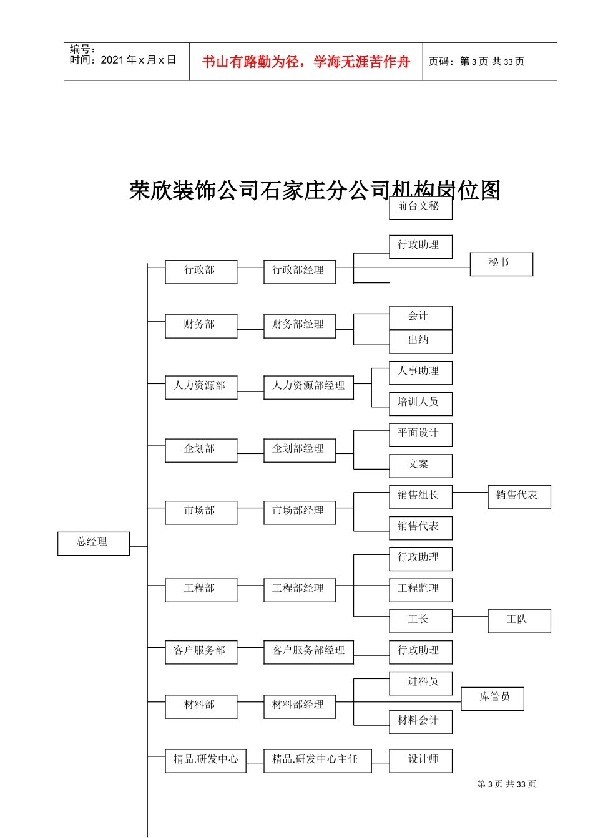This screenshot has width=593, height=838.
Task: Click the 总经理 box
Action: (93, 543)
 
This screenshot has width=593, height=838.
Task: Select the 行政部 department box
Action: (200, 272)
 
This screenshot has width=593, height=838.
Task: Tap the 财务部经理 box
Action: (299, 326)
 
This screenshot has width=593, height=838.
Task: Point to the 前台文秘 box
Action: (420, 208)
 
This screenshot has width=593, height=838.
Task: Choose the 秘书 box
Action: (501, 264)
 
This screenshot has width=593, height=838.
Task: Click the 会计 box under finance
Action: (420, 317)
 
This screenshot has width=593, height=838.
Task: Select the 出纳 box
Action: (420, 341)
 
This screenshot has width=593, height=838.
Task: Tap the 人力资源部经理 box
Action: (308, 387)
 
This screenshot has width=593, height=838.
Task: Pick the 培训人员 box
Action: (420, 403)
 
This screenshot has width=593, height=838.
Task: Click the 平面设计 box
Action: (420, 435)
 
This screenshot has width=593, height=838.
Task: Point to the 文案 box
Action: (420, 466)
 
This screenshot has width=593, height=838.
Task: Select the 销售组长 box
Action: (420, 497)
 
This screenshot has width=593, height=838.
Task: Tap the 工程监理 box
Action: (420, 590)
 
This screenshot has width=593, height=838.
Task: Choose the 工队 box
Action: (519, 621)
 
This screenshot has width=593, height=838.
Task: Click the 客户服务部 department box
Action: (200, 652)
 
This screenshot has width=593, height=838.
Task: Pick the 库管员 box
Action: (492, 698)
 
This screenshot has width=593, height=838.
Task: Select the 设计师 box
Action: (420, 761)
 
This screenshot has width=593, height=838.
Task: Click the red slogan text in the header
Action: (306, 62)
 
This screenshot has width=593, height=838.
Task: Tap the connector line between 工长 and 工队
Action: (469, 616)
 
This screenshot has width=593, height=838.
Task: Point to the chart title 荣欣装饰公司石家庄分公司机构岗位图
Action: (315, 190)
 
